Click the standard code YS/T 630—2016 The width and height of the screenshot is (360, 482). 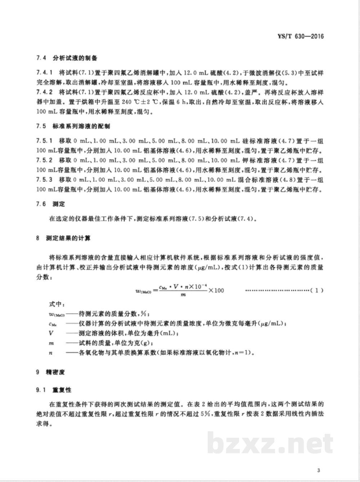click(301, 36)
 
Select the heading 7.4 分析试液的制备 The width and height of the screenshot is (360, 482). click(67, 58)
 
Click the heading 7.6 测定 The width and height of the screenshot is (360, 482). click(50, 204)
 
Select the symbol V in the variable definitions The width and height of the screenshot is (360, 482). click(51, 333)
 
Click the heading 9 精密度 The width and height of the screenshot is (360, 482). click(50, 372)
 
